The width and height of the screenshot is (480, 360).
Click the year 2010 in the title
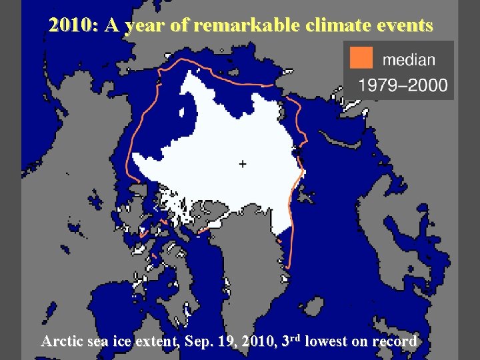coord(71,25)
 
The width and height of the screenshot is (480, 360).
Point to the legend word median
coord(409,59)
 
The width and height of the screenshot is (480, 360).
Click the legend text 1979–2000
coord(403,86)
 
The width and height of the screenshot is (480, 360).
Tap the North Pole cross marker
coord(242,163)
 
